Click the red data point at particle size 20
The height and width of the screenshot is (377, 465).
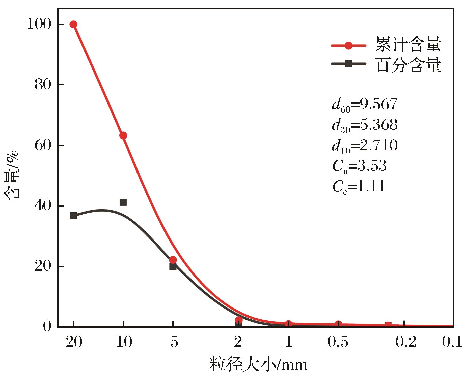point(73,24)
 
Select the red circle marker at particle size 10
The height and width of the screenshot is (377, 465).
point(123,135)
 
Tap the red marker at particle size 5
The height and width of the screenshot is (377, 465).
point(173,260)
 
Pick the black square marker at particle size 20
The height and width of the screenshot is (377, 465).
point(73,216)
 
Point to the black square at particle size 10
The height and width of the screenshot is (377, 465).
point(123,202)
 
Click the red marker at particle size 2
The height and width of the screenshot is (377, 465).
point(239,320)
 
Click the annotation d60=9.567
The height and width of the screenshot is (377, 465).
point(365,105)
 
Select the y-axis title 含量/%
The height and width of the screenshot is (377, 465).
point(12,176)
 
